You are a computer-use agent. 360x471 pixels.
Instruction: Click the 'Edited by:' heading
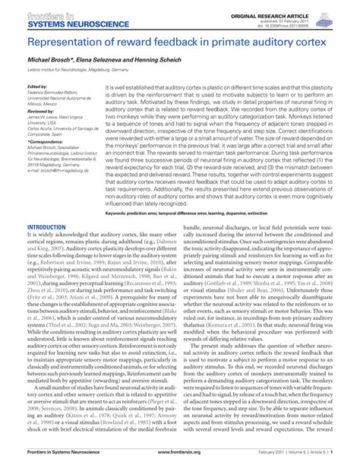point(37,87)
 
